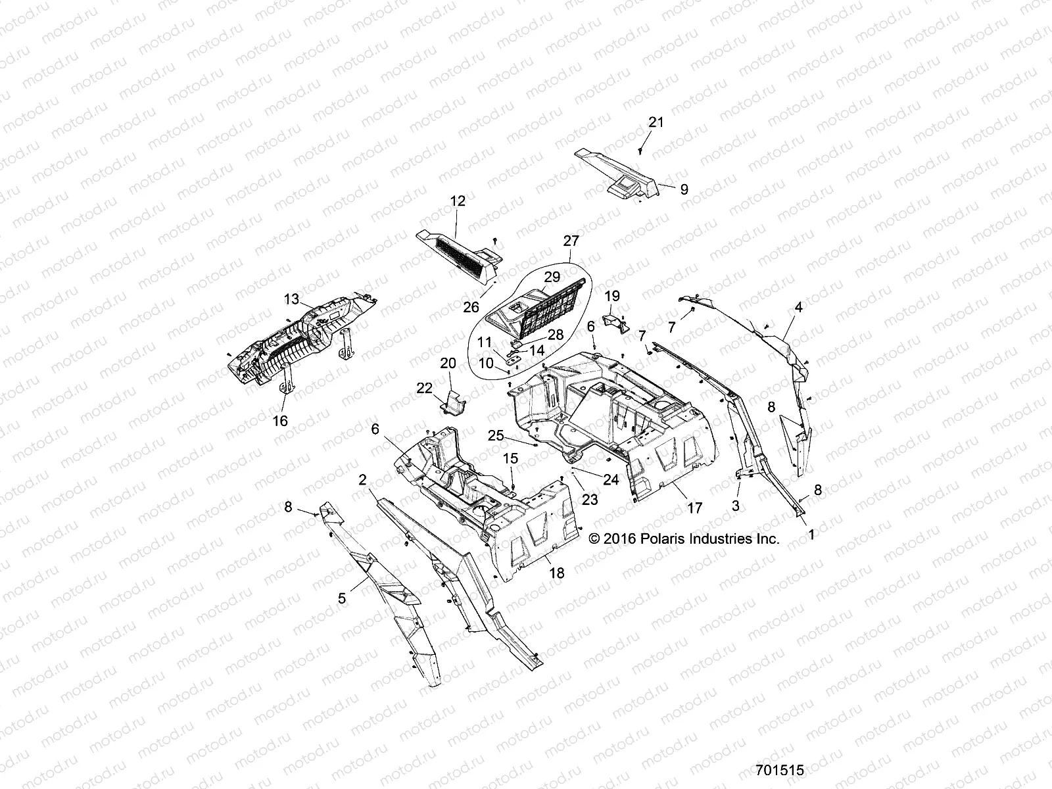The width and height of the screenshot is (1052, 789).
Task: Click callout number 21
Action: click(x=656, y=122)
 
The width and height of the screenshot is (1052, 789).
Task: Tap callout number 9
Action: click(x=684, y=189)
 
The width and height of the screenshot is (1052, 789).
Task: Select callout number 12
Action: click(x=458, y=201)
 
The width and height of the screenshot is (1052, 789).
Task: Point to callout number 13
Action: click(x=291, y=300)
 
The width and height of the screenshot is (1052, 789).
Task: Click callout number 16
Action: click(x=280, y=421)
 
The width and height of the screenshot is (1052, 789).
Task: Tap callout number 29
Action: click(x=552, y=277)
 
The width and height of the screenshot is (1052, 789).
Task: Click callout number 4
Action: click(x=799, y=307)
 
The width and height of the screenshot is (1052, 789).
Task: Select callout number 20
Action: click(x=448, y=363)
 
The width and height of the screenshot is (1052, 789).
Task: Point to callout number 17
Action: click(x=694, y=508)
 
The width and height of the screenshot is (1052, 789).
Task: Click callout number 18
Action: click(x=556, y=573)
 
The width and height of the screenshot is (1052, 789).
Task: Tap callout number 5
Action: click(x=342, y=598)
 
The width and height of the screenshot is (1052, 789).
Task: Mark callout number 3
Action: click(x=736, y=506)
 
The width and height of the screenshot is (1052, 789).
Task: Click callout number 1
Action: click(x=811, y=535)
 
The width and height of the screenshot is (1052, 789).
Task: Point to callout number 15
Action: click(x=511, y=458)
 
